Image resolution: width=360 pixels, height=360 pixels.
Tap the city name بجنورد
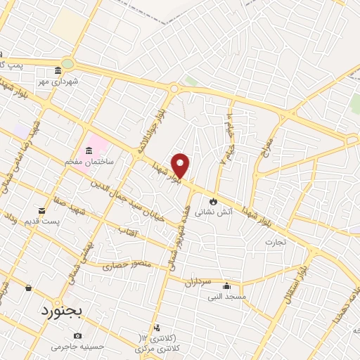coord(62,309)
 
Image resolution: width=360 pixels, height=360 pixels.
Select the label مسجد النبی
coord(225,297)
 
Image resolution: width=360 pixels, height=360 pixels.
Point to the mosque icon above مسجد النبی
coord(226,286)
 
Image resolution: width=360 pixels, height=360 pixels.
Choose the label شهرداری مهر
coord(58,82)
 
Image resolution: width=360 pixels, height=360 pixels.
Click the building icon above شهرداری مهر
coord(58,71)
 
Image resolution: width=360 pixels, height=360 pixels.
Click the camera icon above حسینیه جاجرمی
coord(77,335)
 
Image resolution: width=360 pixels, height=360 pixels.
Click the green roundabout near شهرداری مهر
coord(67,63)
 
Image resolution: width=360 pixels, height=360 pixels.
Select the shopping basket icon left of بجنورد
coord(28,288)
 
